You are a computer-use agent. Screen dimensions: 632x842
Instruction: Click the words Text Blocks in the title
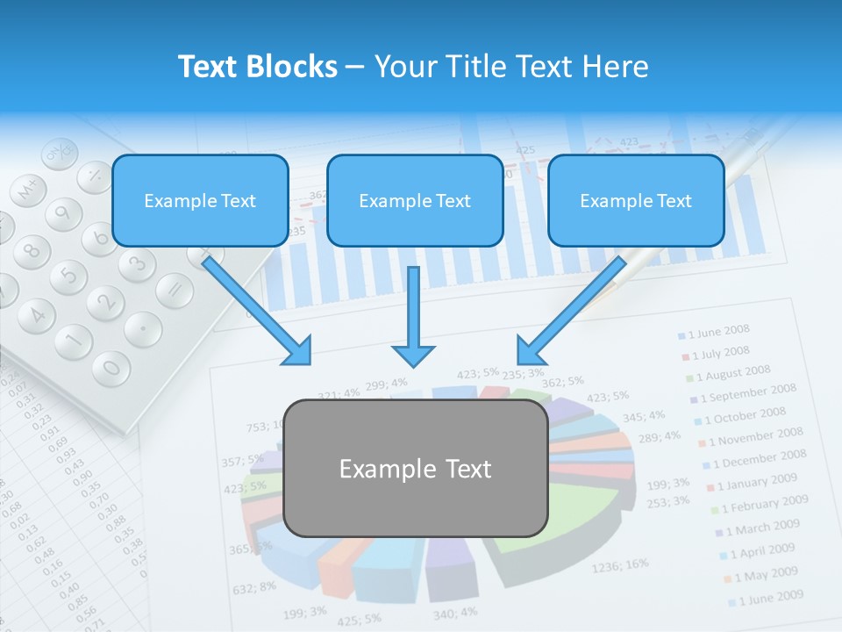click(x=257, y=67)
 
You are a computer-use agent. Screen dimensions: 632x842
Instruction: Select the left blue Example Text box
click(x=200, y=200)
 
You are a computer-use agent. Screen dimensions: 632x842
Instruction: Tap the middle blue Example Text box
click(x=415, y=200)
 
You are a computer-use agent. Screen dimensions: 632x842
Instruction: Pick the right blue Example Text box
click(x=636, y=200)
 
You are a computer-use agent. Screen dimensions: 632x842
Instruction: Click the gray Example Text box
click(x=416, y=469)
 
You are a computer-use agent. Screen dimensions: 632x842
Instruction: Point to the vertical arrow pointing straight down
click(x=413, y=316)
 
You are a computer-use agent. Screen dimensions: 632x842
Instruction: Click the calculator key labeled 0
click(x=111, y=366)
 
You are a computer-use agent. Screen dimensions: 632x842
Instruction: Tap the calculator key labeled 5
click(x=68, y=276)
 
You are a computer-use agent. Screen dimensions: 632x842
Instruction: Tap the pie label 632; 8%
click(x=255, y=586)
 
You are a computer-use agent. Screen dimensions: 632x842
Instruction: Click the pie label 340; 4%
click(x=455, y=612)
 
